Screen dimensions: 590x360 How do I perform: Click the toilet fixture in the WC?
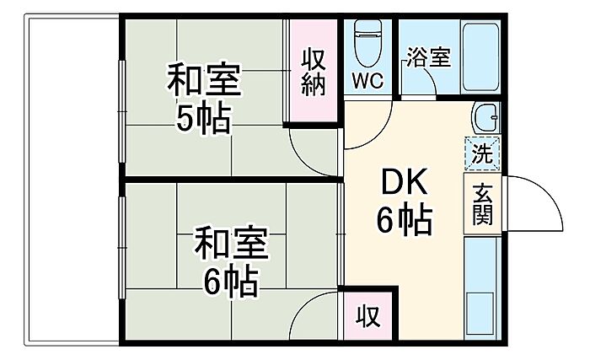click(368, 42)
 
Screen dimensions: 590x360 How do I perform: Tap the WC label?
click(367, 81)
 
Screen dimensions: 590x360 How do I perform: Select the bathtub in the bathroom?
click(480, 57)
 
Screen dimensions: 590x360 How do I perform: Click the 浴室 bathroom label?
click(428, 57)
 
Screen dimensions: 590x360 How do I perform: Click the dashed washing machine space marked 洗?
click(482, 153)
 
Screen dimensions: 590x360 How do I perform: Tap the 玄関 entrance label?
click(482, 204)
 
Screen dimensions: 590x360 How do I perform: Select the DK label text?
click(404, 182)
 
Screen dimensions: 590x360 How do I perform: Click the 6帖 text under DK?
click(404, 219)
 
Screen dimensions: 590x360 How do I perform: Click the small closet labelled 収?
click(367, 315)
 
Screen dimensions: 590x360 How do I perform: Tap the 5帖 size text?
click(204, 117)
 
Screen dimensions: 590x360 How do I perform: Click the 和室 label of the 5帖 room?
click(204, 80)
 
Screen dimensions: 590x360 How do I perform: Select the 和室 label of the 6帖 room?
click(231, 243)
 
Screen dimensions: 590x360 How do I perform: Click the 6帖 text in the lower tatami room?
click(231, 282)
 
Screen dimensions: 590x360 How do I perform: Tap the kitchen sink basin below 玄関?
click(480, 313)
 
